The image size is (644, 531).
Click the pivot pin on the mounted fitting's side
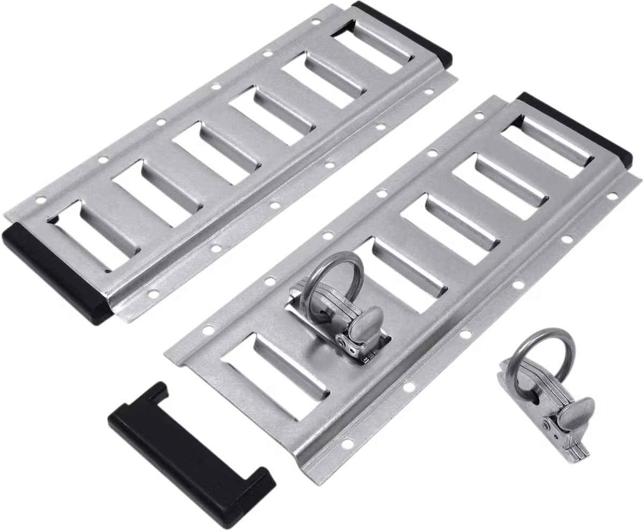click(x=341, y=342)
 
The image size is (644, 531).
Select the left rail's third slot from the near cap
click(x=212, y=150)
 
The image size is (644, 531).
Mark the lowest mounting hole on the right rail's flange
click(x=347, y=443)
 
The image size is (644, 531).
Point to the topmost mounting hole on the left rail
click(x=316, y=23)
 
